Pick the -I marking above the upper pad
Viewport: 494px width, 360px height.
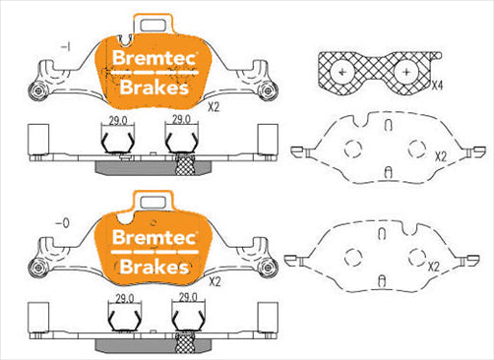65,46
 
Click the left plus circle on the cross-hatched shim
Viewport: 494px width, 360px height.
342,73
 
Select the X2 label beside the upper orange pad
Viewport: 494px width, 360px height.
214,101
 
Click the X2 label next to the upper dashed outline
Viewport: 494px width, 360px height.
440,156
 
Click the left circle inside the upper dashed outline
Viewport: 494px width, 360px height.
350,150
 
